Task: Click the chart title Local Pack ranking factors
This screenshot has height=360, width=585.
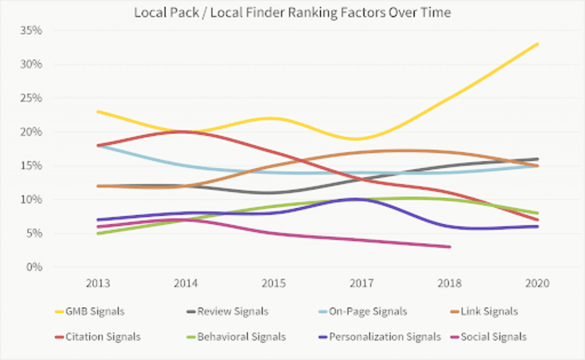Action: point(292,11)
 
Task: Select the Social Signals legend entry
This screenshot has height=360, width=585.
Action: point(495,337)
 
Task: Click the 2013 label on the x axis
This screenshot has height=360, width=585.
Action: point(98,284)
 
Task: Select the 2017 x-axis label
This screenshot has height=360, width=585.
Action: point(362,284)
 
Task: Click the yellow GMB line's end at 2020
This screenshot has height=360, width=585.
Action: point(538,44)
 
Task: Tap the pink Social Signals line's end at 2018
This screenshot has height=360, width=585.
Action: point(450,247)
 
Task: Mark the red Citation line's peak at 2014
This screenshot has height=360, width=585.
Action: point(186,132)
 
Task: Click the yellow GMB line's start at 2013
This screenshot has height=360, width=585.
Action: point(98,111)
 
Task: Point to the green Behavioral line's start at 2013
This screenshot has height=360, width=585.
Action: point(98,233)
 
